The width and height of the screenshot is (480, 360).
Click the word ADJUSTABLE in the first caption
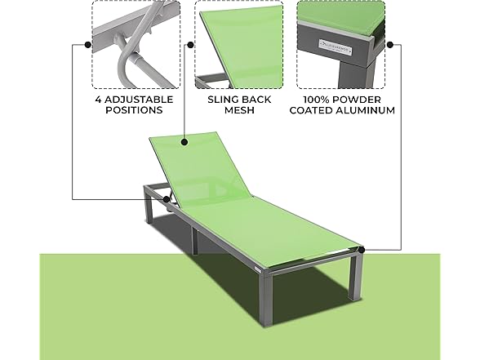[140, 98]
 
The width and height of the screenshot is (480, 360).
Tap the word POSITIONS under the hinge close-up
[133, 109]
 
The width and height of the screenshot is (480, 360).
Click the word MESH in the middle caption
[238, 109]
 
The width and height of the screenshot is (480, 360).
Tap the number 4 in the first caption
[98, 98]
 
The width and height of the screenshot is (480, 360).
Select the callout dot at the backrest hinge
[166, 198]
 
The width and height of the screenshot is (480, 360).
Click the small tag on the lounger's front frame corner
[256, 267]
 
